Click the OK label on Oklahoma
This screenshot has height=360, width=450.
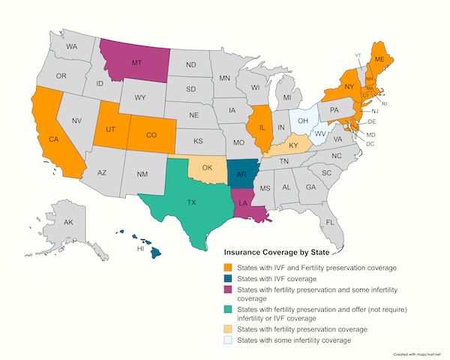(206, 167)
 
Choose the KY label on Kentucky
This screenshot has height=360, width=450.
(295, 145)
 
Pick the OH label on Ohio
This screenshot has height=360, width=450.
(303, 120)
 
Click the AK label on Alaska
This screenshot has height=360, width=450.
(68, 223)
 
